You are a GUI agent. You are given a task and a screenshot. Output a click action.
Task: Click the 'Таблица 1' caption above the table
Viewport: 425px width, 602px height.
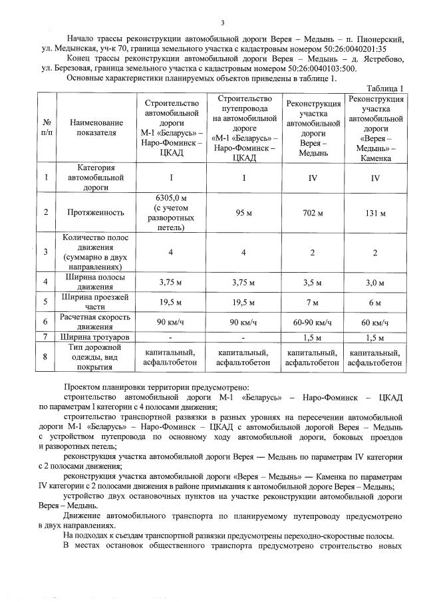click(x=385, y=88)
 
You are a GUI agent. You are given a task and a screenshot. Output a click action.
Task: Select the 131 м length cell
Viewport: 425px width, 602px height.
click(x=376, y=213)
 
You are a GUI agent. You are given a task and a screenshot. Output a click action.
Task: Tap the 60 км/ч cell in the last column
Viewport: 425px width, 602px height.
click(x=376, y=323)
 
